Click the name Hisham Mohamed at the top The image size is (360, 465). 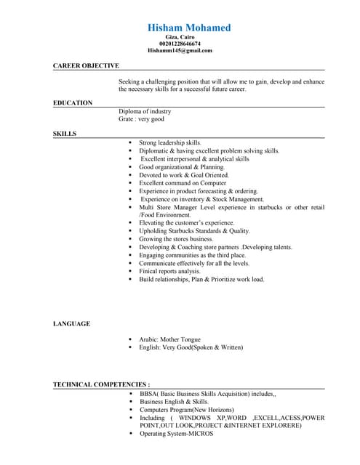pos(189,28)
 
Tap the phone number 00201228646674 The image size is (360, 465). pos(180,44)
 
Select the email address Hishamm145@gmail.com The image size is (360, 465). pos(180,51)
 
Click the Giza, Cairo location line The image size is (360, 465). pos(180,37)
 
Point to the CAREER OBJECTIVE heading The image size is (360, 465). pos(86,65)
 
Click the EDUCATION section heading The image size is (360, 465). pos(73,103)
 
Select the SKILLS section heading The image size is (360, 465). pos(65,134)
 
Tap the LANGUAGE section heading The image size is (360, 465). pos(71,323)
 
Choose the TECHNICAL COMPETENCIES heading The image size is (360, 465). pos(101,384)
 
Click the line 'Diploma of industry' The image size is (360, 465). pos(145,111)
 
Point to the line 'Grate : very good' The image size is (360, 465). pos(141,118)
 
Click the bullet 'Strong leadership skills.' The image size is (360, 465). pos(170,143)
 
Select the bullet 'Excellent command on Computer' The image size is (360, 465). pos(183,183)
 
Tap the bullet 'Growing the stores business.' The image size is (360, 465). pos(176,238)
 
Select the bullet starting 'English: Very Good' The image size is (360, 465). pos(191,347)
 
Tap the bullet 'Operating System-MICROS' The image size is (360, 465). pos(176,434)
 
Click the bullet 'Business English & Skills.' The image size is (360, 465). pos(174,401)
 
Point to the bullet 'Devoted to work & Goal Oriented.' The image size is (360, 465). pos(184,175)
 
